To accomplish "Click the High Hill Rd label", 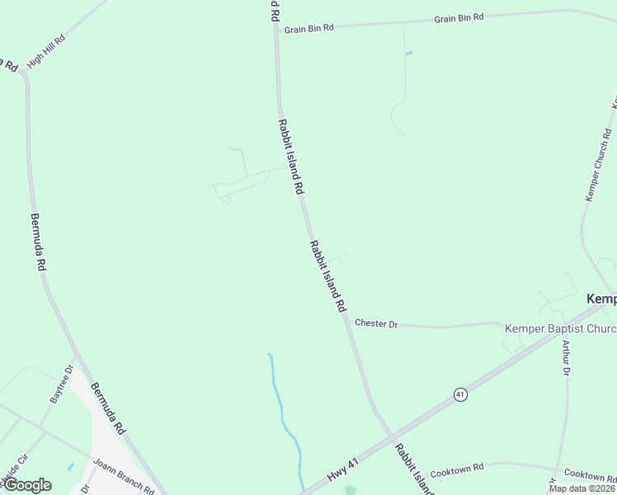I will [45, 51].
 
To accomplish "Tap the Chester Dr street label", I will [376, 323].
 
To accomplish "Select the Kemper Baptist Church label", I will [560, 329].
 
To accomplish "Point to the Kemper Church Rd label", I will [598, 164].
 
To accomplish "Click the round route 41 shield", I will [460, 395].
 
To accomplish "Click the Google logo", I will [26, 485].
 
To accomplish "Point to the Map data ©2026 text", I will [582, 488].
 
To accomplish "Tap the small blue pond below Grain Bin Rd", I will [408, 54].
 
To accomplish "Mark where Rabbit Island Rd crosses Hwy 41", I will [392, 435].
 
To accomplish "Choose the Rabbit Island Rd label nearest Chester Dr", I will [327, 276].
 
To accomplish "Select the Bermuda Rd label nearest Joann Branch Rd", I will [108, 409].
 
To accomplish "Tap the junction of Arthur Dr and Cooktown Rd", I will [558, 470].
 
